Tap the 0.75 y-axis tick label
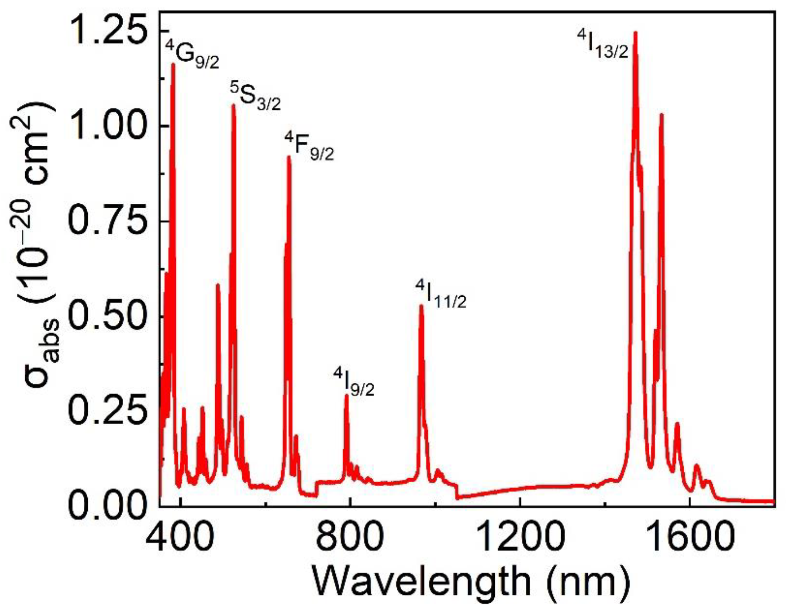[108, 222]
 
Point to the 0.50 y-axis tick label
[108, 317]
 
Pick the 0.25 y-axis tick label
[108, 412]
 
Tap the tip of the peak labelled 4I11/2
[421, 306]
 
